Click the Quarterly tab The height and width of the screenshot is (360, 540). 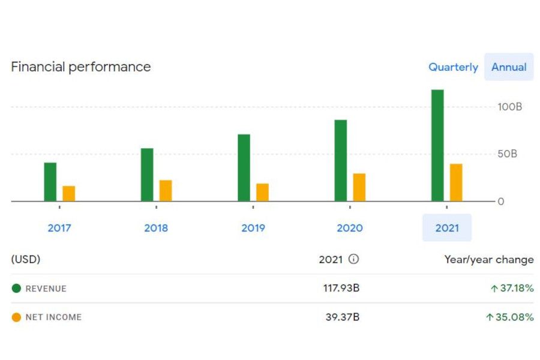453,67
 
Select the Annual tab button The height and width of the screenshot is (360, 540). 509,67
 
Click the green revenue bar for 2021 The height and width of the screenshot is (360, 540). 437,145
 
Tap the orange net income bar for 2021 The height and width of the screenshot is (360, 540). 456,182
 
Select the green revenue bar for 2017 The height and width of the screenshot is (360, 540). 50,182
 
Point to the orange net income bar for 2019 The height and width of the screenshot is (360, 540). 262,192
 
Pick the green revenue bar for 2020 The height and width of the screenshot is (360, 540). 341,160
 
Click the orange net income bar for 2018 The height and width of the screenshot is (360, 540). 166,190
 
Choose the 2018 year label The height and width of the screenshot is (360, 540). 156,228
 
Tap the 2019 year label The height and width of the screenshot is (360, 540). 253,228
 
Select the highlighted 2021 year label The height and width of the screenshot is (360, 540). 447,228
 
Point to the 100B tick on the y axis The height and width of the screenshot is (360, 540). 510,107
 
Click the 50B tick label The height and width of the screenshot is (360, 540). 507,154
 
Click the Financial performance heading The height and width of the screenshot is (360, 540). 81,67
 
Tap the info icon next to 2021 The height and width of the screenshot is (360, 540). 354,259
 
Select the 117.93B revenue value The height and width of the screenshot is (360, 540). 341,288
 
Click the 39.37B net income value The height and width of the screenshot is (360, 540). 343,317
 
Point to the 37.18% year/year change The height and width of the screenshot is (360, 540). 512,288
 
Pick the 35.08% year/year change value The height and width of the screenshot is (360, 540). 512,317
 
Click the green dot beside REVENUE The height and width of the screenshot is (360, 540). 16,289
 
